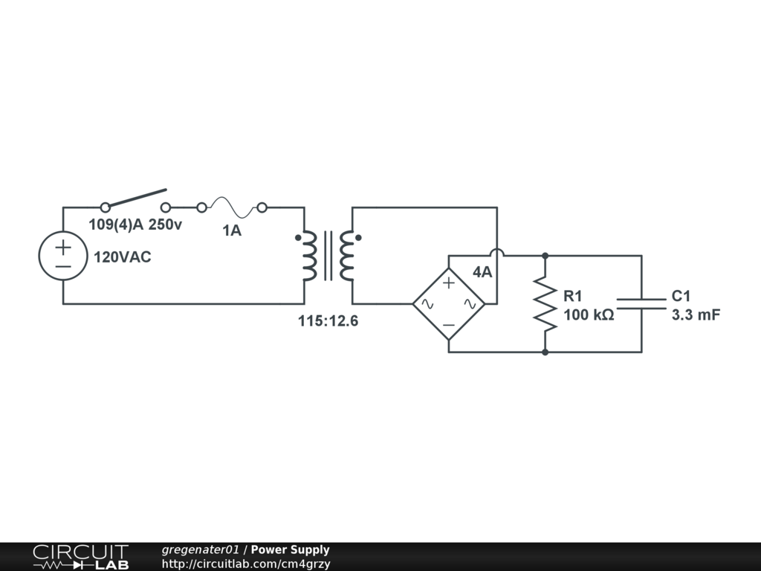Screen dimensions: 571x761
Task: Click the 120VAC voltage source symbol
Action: [x=62, y=255]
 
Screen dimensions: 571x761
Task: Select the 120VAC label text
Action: [x=122, y=258]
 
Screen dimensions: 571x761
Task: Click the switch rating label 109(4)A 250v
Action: [x=135, y=225]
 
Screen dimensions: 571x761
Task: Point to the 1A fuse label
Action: [x=232, y=231]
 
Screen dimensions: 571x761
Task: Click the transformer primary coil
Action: [x=308, y=255]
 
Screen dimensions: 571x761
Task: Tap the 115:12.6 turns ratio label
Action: [x=328, y=322]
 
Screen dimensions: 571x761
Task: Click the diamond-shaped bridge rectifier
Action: [x=449, y=303]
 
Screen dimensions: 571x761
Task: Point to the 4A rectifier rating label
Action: [x=482, y=272]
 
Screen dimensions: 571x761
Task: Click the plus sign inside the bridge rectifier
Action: [x=449, y=283]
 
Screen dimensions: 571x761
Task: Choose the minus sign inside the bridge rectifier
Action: [x=449, y=325]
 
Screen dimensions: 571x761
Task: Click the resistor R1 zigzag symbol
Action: [x=545, y=303]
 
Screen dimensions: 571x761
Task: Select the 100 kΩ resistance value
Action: [x=589, y=315]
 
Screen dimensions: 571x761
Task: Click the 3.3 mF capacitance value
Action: [x=696, y=315]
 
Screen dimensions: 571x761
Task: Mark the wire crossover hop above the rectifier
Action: [x=497, y=254]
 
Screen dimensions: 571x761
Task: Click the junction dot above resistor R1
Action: [x=545, y=255]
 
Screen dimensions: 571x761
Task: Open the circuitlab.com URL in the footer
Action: [x=246, y=564]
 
